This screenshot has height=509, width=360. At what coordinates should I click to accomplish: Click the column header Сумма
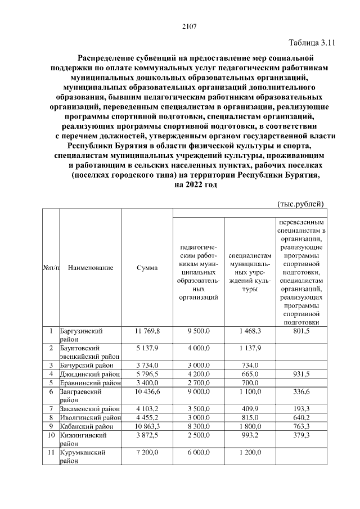click(147, 268)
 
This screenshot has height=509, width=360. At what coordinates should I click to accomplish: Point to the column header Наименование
click(90, 268)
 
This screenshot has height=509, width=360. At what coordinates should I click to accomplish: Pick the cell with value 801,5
click(301, 331)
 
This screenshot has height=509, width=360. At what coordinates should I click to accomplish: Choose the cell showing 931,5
click(301, 374)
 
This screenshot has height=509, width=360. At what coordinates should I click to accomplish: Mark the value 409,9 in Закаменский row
click(250, 408)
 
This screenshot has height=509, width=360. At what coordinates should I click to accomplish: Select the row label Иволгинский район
click(89, 417)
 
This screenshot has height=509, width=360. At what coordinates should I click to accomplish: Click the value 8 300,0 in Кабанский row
click(199, 426)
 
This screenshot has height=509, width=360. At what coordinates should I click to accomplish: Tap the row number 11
click(51, 452)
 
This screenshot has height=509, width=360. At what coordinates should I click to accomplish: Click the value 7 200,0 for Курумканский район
click(147, 452)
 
